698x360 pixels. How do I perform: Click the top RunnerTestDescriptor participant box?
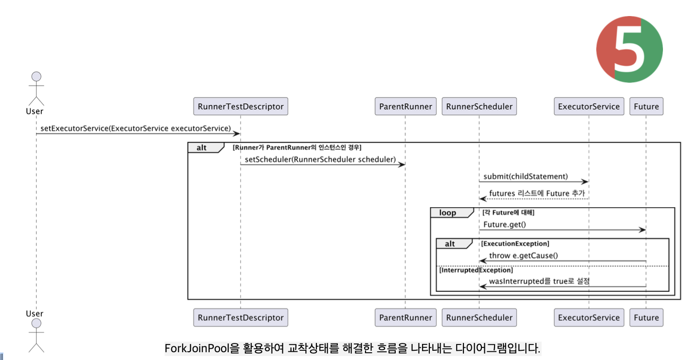(240, 107)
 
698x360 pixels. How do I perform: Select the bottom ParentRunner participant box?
(405, 318)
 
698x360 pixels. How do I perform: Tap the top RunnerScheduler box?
(479, 107)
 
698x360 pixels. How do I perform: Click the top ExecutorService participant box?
(588, 107)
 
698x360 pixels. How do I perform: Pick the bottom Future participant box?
(646, 318)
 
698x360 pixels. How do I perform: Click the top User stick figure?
(36, 89)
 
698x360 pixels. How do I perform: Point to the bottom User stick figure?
(36, 335)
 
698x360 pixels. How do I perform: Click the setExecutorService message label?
(135, 128)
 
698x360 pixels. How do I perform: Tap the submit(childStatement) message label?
(525, 176)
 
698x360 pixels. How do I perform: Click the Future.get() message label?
(505, 225)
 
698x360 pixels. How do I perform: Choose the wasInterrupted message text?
(539, 281)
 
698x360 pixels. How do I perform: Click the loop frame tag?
(448, 213)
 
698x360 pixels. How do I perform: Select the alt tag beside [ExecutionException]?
(450, 244)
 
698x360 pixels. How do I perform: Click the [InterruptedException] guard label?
(476, 270)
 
